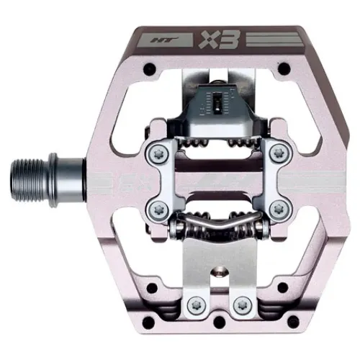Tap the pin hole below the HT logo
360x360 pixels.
point(149,70)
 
